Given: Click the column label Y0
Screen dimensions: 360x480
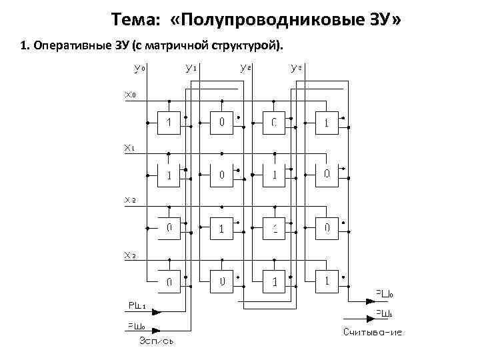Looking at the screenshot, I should point(139,68).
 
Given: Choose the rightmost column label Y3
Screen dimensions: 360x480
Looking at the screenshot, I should point(297,68).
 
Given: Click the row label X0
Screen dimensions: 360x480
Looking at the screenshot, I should point(130,95).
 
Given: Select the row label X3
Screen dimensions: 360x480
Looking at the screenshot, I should point(130,255).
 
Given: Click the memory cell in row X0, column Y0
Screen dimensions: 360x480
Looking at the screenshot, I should point(169,123).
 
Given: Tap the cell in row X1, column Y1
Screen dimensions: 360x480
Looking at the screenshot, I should point(221,175).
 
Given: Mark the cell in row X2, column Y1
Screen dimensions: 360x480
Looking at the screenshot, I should point(221,229).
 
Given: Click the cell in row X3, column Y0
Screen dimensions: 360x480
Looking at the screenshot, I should point(169,281).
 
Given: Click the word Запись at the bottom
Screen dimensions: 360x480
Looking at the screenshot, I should point(157,341).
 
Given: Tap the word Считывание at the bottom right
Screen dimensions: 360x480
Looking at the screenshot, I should point(373,331).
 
